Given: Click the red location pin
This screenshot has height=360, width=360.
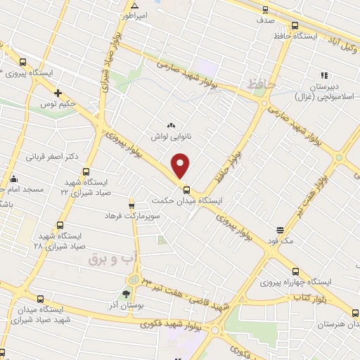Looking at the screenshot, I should (x=181, y=165).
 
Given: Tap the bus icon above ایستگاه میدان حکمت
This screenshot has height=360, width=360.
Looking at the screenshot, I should (x=186, y=188).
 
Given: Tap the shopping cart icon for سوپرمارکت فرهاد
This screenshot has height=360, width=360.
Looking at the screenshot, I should (x=131, y=205).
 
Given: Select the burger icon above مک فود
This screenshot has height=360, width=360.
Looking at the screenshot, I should (x=280, y=230).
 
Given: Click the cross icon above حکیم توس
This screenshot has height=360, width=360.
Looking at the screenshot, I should (x=58, y=93).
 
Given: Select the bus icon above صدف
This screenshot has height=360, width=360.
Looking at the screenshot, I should (x=265, y=10).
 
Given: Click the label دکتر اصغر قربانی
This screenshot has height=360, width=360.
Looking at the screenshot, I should (x=52, y=156).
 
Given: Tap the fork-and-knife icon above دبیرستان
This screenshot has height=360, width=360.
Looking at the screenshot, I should (x=324, y=75).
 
